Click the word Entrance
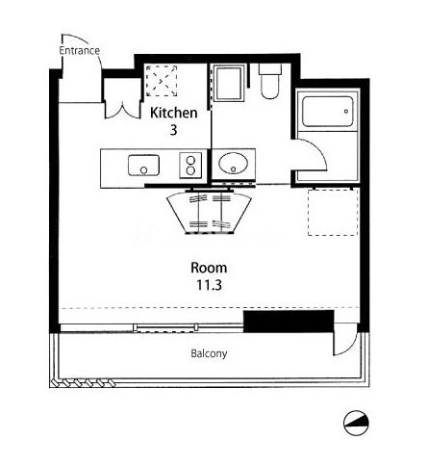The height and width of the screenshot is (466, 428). pyautogui.click(x=80, y=50)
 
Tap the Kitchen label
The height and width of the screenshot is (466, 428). pyautogui.click(x=173, y=113)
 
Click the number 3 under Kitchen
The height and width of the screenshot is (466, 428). pyautogui.click(x=173, y=130)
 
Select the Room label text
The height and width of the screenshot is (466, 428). pyautogui.click(x=209, y=268)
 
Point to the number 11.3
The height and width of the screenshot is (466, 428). pyautogui.click(x=209, y=285)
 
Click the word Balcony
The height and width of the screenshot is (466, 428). pyautogui.click(x=209, y=353)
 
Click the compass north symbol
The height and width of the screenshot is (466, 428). pyautogui.click(x=356, y=423)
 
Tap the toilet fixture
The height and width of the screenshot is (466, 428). pyautogui.click(x=270, y=81)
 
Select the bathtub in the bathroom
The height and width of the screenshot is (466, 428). pyautogui.click(x=328, y=112)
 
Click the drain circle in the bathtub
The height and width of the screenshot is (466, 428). pyautogui.click(x=346, y=112)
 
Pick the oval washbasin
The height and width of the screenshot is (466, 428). pyautogui.click(x=233, y=164)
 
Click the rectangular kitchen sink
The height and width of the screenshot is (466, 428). pyautogui.click(x=143, y=165)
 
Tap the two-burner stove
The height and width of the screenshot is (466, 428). pyautogui.click(x=190, y=165)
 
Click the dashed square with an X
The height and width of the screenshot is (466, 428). pyautogui.click(x=162, y=81)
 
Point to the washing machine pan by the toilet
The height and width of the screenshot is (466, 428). pyautogui.click(x=228, y=83)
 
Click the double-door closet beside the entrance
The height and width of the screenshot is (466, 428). pyautogui.click(x=123, y=98)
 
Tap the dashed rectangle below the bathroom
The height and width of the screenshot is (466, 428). pyautogui.click(x=333, y=213)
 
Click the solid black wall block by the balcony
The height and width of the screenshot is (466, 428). pyautogui.click(x=289, y=322)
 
